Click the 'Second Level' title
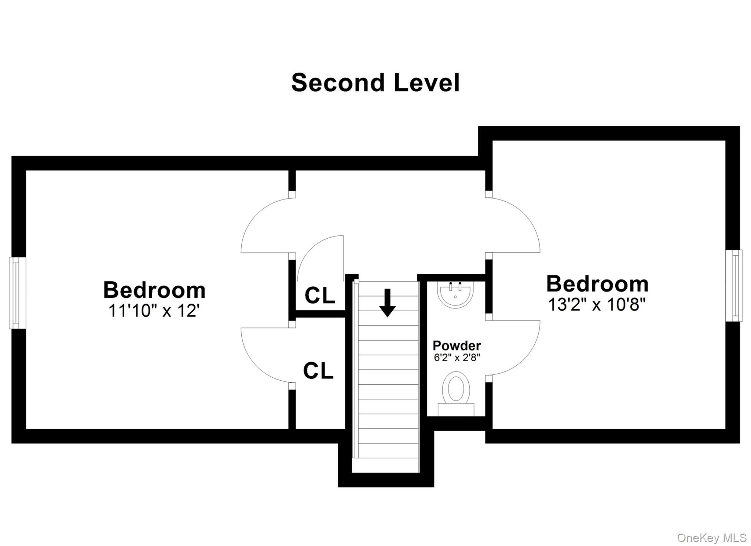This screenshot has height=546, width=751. [x=375, y=83]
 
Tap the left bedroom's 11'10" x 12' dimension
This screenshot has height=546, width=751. [x=154, y=311]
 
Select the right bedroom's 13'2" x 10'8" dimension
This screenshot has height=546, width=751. [x=597, y=304]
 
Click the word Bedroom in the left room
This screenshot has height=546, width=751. [x=154, y=290]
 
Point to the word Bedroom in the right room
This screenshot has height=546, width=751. [x=597, y=284]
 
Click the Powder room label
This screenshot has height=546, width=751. [x=457, y=345]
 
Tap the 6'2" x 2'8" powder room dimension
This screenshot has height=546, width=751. [x=457, y=358]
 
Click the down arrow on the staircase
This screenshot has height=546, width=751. [x=387, y=303]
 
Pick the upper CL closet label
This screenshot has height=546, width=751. [x=320, y=295]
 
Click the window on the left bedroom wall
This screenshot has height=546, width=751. [x=17, y=293]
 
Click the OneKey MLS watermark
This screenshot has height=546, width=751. [x=712, y=538]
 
